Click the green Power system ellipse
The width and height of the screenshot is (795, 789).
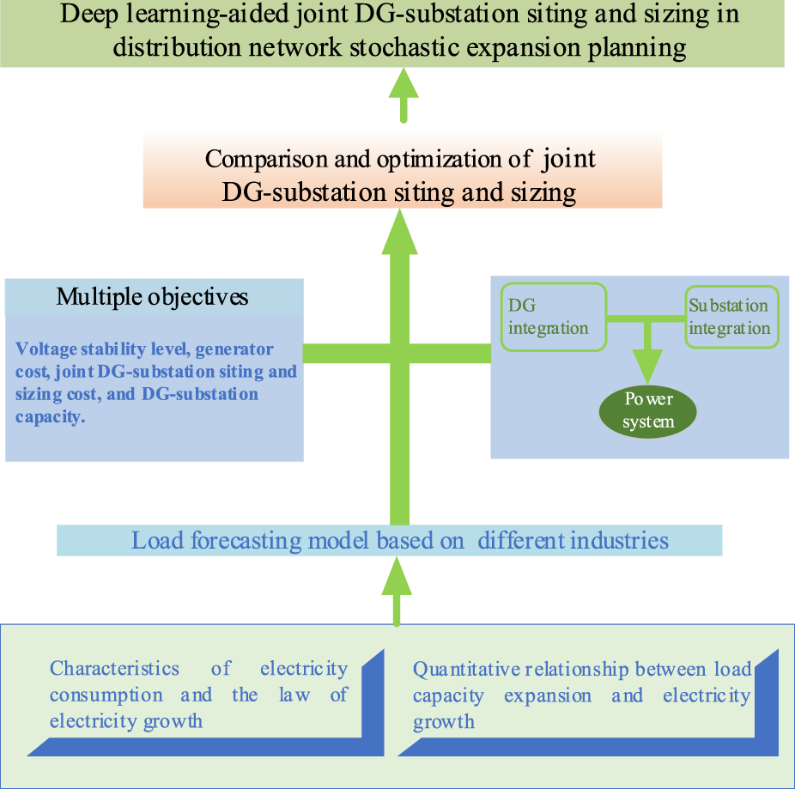tap(648, 410)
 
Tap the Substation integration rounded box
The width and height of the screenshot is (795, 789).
tap(731, 317)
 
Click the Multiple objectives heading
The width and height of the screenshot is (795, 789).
tap(153, 297)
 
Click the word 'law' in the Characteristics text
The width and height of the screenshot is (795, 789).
tap(291, 695)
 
